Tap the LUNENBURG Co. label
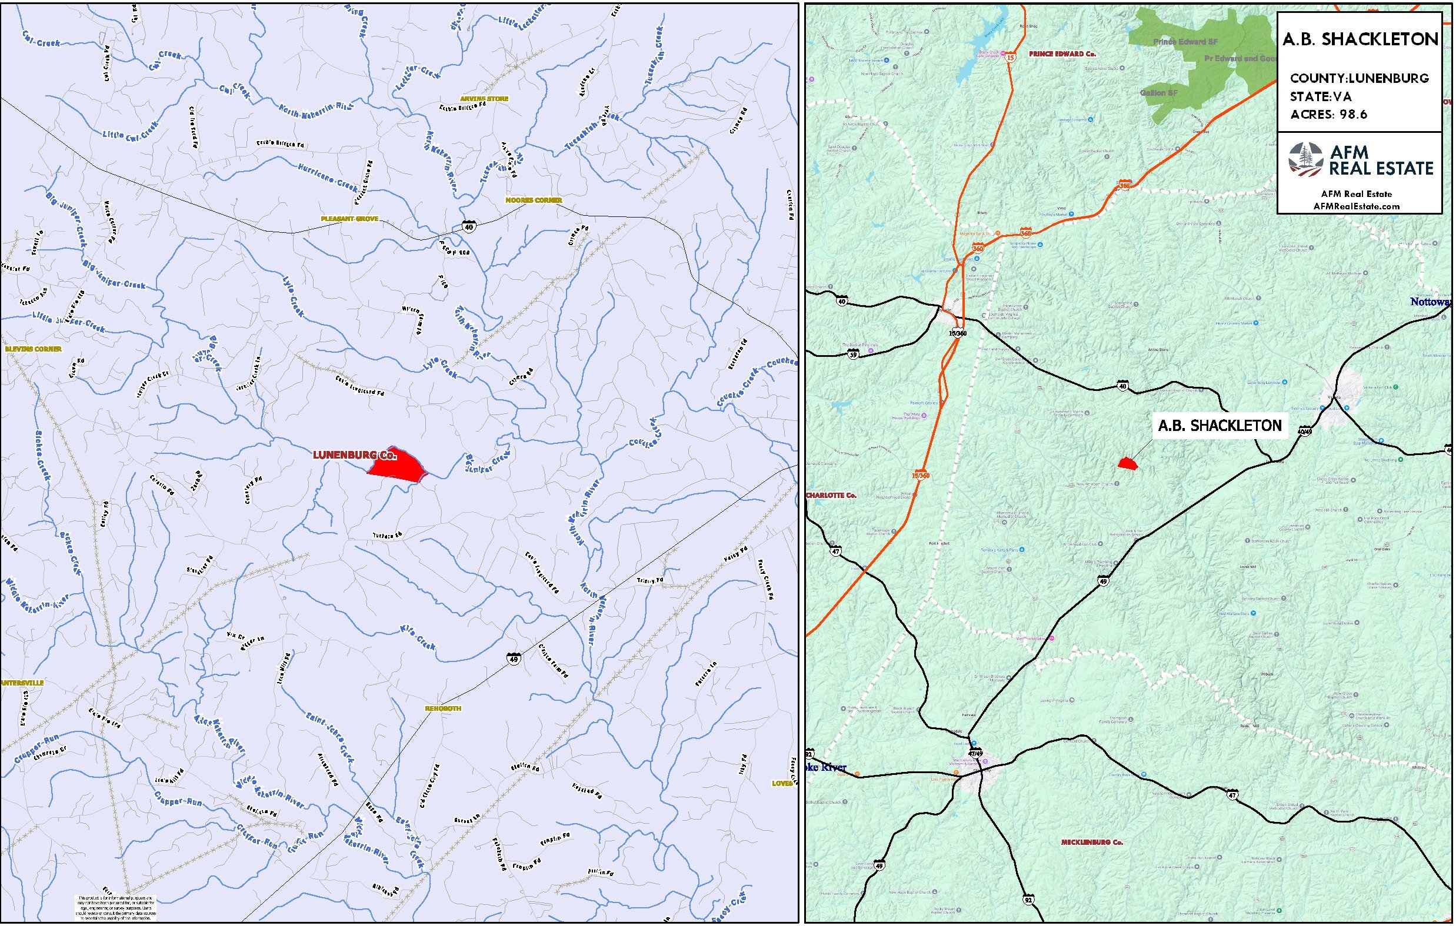coord(354,454)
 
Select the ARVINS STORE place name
coord(484,99)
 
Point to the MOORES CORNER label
coord(534,200)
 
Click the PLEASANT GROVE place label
coord(349,219)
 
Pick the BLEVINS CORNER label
coord(34,349)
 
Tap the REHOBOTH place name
coord(442,708)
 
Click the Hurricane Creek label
coord(328,175)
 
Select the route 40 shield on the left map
coord(469,227)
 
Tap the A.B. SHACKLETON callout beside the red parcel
coord(1220,426)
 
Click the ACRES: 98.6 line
coord(1328,115)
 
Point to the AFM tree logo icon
coord(1305,159)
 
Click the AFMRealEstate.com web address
coord(1356,206)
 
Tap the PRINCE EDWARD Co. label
coord(1062,54)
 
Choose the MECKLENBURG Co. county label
coord(1092,842)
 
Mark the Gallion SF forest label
coord(1158,93)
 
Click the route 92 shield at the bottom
coord(1028,900)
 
